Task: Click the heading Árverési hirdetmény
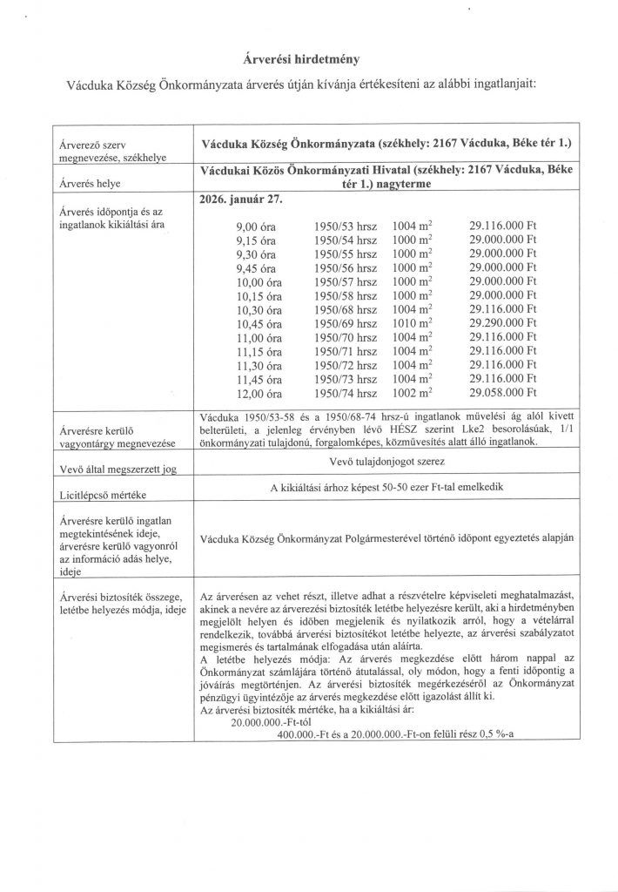point(309,59)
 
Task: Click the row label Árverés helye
point(88,185)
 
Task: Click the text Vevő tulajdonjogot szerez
point(387,460)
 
